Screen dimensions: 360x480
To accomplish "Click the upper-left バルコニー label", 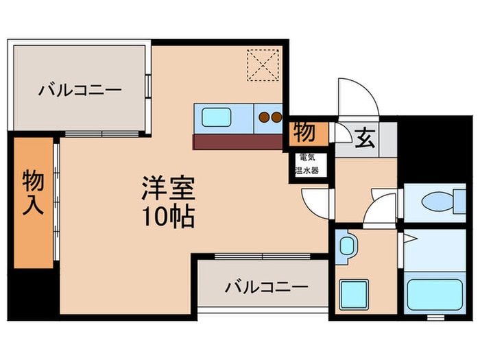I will point(80,90).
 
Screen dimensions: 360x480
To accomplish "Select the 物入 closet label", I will point(33,193).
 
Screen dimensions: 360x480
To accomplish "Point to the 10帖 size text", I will point(168,217).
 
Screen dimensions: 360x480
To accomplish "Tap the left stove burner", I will point(264,117).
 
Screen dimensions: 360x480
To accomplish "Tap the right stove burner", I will point(276,117).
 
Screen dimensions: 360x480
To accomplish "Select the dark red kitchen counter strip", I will point(237,141).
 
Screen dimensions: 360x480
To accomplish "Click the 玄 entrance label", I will point(365,139).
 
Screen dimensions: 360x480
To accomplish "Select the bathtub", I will point(433,293).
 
